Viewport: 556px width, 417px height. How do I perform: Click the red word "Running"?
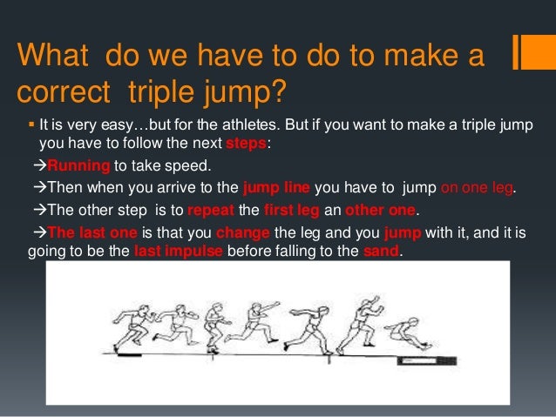click(x=77, y=165)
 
